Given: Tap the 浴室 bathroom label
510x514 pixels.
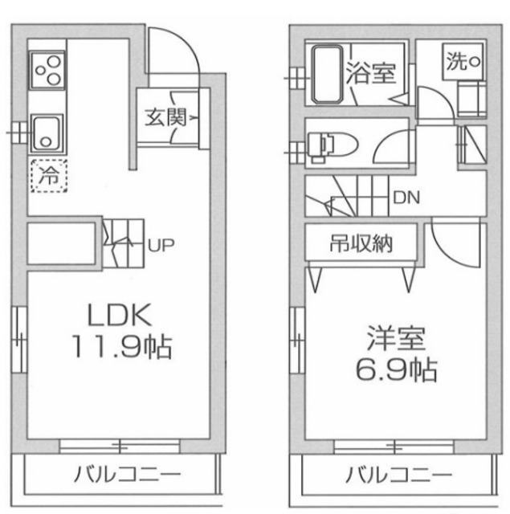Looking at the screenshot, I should (x=369, y=75).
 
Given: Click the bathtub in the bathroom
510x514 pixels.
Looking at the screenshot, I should (x=325, y=75).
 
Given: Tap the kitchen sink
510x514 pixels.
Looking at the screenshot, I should (x=47, y=133).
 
